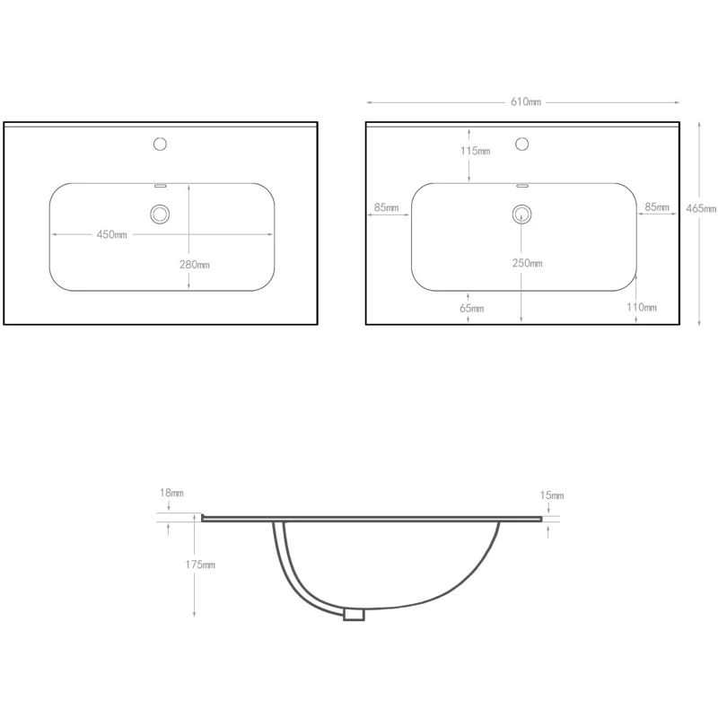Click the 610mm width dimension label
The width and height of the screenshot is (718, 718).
point(526,101)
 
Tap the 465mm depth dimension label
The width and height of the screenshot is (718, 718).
point(701,208)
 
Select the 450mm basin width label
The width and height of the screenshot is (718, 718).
point(111,234)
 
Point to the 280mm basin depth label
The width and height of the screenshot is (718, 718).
point(195,265)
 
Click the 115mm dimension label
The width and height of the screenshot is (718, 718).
point(476,151)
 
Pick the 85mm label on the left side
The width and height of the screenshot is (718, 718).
point(387,207)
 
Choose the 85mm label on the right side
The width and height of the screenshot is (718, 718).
point(657,207)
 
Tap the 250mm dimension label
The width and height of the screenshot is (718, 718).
point(527,263)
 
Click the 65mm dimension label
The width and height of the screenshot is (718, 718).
point(472,308)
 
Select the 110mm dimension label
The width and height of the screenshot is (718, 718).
point(642,307)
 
